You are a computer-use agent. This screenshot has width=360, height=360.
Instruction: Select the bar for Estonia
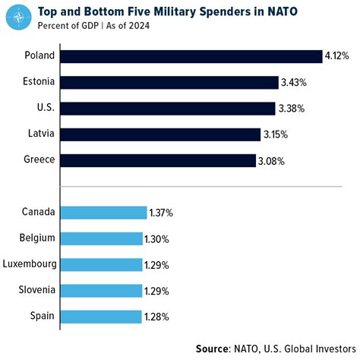click(x=169, y=82)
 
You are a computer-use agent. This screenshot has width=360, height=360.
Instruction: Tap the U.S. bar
click(x=167, y=108)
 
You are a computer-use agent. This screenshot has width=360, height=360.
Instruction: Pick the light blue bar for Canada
click(x=103, y=213)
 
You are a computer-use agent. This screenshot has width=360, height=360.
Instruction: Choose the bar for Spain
click(x=100, y=316)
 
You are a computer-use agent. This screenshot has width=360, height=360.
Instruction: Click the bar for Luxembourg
click(x=100, y=264)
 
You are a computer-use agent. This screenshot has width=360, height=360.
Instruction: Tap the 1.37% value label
click(x=160, y=213)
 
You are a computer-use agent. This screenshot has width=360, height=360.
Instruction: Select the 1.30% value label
click(x=157, y=238)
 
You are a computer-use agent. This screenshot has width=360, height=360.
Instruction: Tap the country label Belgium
click(x=37, y=238)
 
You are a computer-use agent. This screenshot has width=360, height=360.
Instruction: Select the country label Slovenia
click(x=36, y=290)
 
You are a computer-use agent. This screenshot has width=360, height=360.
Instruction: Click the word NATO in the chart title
click(x=273, y=11)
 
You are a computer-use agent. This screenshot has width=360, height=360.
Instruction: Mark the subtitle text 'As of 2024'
click(x=124, y=27)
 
